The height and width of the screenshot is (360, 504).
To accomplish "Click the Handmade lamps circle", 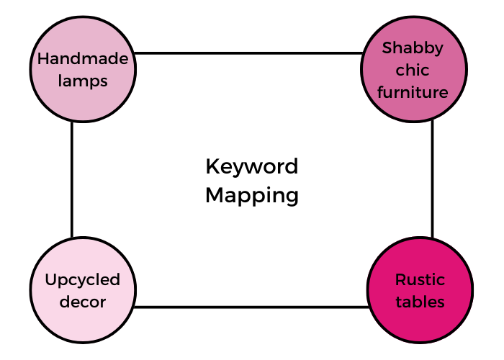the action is pyautogui.click(x=83, y=69).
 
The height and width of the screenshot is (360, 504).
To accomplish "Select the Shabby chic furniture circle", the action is pyautogui.click(x=414, y=69).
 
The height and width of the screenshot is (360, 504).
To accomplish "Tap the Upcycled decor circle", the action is pyautogui.click(x=83, y=290).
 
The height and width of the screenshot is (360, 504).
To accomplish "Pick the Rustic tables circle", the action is pyautogui.click(x=420, y=290).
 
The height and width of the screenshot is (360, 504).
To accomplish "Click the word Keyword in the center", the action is pyautogui.click(x=252, y=167).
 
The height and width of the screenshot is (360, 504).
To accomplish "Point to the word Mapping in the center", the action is pyautogui.click(x=252, y=196).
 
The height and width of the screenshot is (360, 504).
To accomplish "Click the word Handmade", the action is pyautogui.click(x=83, y=59).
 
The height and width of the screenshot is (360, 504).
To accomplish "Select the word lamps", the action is pyautogui.click(x=83, y=81).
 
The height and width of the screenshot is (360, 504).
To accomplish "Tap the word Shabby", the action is pyautogui.click(x=413, y=48).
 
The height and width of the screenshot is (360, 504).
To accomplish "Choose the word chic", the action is pyautogui.click(x=413, y=70).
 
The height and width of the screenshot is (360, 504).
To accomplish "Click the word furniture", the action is pyautogui.click(x=413, y=92).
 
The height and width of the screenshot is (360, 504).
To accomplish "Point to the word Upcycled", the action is pyautogui.click(x=83, y=280).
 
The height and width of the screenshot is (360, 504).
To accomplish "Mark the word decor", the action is pyautogui.click(x=83, y=302).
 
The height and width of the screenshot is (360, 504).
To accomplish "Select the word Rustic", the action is pyautogui.click(x=420, y=279).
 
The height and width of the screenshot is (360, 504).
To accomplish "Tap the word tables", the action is pyautogui.click(x=420, y=302).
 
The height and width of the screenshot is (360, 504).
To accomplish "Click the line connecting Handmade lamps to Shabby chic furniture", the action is pyautogui.click(x=248, y=53).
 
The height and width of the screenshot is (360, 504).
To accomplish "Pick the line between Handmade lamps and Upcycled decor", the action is pyautogui.click(x=72, y=180).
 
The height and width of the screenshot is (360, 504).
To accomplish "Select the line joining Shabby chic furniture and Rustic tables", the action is pyautogui.click(x=432, y=179).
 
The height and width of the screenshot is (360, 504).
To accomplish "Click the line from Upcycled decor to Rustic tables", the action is pyautogui.click(x=251, y=307).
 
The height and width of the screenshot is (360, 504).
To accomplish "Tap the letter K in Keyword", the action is pyautogui.click(x=212, y=166).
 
